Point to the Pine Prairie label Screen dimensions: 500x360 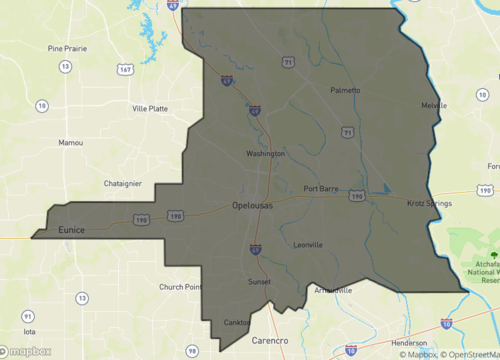68,48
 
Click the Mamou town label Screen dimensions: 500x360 71,143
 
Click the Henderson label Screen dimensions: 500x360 410,314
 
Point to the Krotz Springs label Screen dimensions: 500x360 429,204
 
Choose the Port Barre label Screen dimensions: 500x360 324,189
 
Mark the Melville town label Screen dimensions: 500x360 434,105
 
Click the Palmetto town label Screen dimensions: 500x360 345,90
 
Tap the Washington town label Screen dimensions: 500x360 266,154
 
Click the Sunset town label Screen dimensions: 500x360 259,283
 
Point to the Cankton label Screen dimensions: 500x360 238,322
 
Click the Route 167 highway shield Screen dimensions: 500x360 125,70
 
